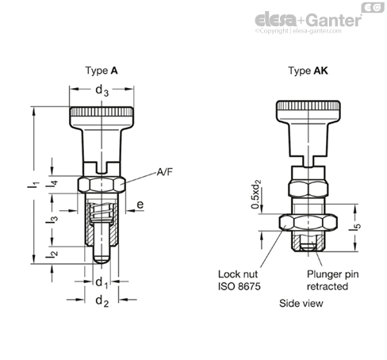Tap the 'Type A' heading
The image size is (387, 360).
coord(102,71)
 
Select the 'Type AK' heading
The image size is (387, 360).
coord(306,71)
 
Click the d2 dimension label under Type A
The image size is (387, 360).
coord(101,301)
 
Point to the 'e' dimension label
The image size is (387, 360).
coord(140,205)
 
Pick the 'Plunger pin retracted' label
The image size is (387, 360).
coord(328,280)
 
